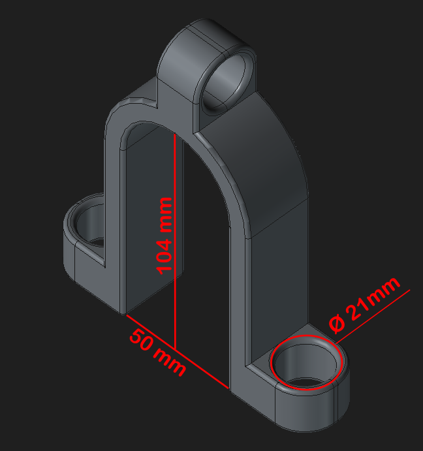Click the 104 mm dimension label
[164, 236]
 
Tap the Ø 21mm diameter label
[364, 305]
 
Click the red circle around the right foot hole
[306, 362]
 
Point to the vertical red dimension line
[175, 241]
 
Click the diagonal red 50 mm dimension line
[178, 352]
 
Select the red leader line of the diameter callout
[373, 317]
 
